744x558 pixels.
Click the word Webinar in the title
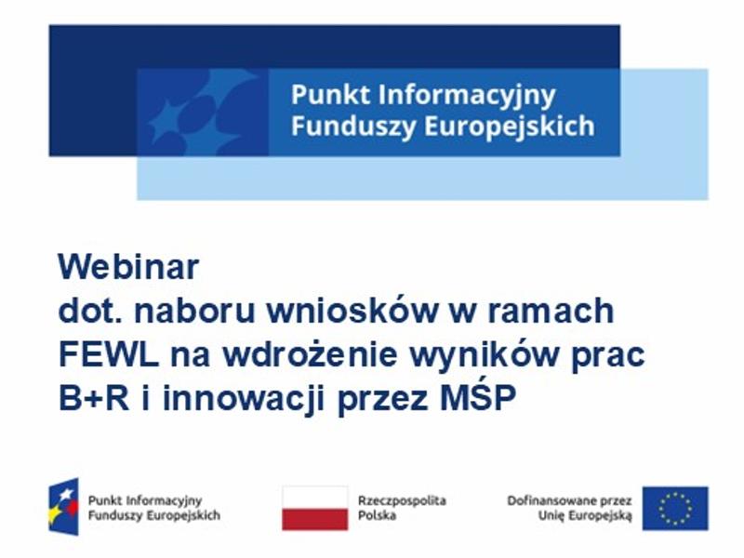point(128,268)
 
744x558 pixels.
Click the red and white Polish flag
point(314,508)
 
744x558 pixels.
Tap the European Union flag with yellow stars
point(674,508)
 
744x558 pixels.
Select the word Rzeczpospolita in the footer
point(402,500)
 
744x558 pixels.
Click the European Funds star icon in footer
point(64,507)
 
